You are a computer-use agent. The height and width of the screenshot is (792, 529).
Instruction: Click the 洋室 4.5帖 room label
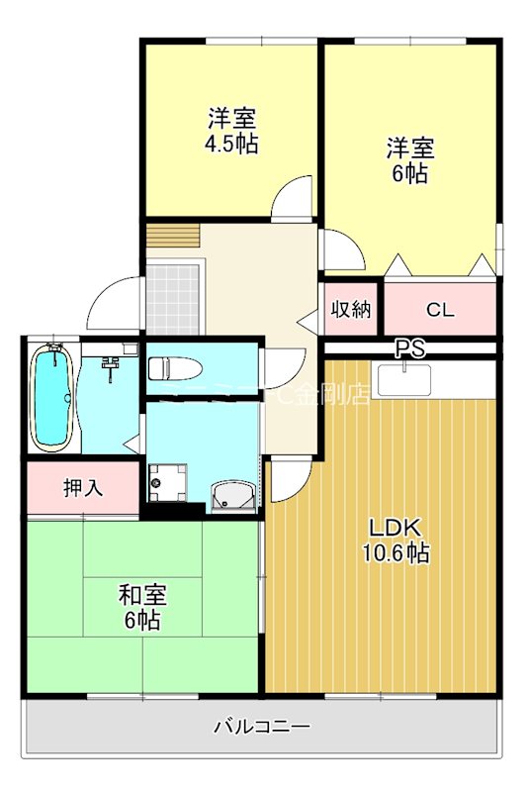pyautogui.click(x=232, y=131)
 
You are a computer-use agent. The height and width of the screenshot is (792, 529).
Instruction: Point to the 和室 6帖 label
pyautogui.click(x=142, y=607)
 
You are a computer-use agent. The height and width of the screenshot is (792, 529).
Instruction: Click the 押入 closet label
pyautogui.click(x=83, y=487)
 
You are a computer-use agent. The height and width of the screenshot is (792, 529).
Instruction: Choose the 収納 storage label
pyautogui.click(x=350, y=309)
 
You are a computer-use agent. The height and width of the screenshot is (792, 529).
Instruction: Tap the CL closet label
pyautogui.click(x=440, y=309)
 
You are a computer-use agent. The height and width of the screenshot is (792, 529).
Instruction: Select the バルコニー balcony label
pyautogui.click(x=262, y=727)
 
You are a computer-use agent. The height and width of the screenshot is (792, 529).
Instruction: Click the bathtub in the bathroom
pyautogui.click(x=52, y=395)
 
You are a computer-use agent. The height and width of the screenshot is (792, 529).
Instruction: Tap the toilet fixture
pyautogui.click(x=173, y=369)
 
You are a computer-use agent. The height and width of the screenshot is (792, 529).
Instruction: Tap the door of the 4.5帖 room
pyautogui.click(x=293, y=198)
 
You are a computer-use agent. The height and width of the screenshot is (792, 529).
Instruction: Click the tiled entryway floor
pyautogui.click(x=174, y=297)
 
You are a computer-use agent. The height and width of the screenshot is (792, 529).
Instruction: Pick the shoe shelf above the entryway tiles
pyautogui.click(x=174, y=239)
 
